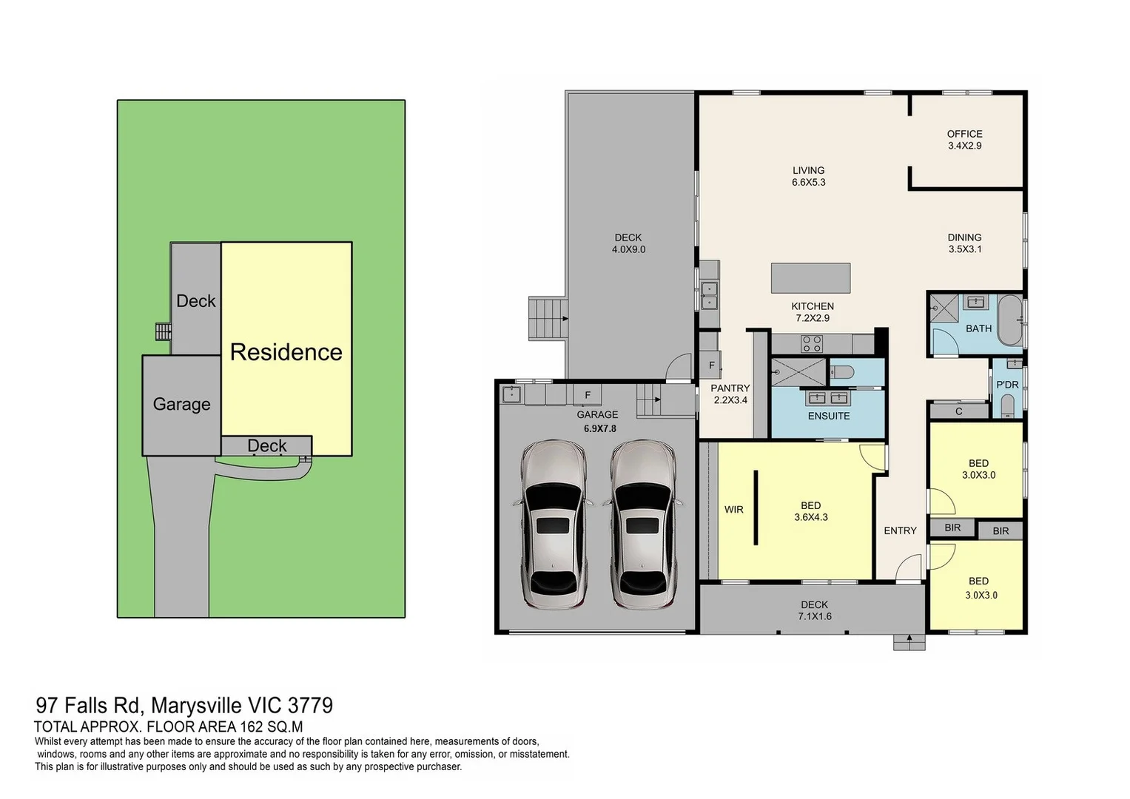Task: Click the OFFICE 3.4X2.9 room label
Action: (964, 140)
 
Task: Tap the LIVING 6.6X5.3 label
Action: (808, 176)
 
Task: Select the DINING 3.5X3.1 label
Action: (964, 243)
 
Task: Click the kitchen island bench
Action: (810, 278)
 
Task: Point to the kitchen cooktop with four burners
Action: (812, 344)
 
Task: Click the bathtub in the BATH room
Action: (1009, 320)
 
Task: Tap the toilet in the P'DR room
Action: (1007, 406)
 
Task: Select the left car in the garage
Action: (553, 525)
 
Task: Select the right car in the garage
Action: (642, 525)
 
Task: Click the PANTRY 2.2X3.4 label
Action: (730, 394)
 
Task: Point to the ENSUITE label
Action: (828, 416)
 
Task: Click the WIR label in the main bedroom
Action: (733, 510)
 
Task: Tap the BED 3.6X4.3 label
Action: (810, 511)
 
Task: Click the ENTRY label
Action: (900, 530)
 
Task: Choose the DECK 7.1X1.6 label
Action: (814, 610)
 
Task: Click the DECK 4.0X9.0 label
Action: (628, 243)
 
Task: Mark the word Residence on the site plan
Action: (286, 352)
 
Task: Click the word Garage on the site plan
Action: (181, 404)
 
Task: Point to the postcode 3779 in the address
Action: (310, 706)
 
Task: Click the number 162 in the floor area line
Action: (251, 726)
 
